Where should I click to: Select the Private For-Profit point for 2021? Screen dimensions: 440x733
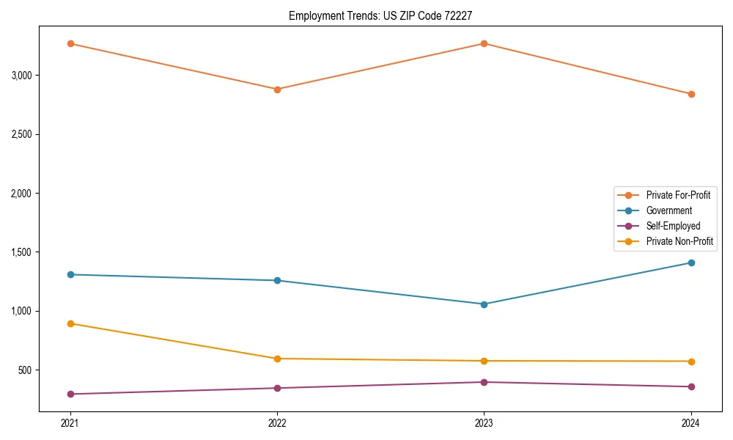point(70,44)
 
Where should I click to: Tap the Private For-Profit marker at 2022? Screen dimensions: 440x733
point(277,89)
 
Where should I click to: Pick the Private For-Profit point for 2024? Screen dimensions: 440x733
point(691,94)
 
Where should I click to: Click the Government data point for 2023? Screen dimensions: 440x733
point(484,304)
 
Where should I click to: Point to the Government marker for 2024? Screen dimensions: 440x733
point(691,263)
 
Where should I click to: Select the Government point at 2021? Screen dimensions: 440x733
point(70,274)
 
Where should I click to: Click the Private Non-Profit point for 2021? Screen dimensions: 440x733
point(70,323)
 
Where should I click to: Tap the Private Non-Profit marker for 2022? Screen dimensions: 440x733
point(277,359)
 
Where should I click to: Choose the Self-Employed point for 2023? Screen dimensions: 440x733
point(484,382)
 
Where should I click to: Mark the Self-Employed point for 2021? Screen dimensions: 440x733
point(70,394)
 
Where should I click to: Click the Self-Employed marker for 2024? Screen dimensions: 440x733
point(691,386)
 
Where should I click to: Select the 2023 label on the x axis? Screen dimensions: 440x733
point(484,422)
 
